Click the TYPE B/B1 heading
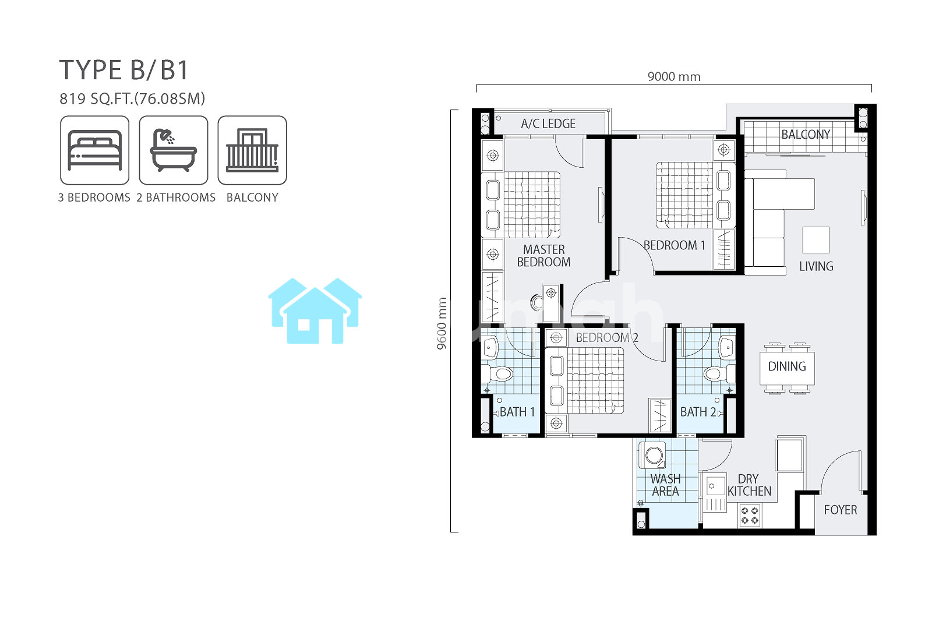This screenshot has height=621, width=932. pos(124,70)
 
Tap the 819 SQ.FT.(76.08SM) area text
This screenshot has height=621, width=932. pos(132,98)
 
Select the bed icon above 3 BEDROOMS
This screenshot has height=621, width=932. pos(95,150)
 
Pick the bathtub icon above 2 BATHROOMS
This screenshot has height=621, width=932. pos(174,150)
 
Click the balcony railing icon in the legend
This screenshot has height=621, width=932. pos(252,150)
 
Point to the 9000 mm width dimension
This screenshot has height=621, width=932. pos(674,76)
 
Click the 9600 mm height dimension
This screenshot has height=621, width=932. pos(442,323)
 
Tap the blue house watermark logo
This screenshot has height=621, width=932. pos(315,310)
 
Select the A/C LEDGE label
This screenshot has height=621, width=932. pos(548,124)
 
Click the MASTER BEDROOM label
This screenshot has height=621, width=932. pos(544,256)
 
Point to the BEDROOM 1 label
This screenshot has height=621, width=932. pos(675,245)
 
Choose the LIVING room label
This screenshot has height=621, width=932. pos(816,266)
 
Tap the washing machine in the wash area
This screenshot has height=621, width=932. pos(652,456)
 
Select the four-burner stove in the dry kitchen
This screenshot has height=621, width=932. pos(750,516)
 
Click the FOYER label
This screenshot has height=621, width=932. pos(841,510)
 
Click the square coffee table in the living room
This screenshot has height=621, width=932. pos(815,240)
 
